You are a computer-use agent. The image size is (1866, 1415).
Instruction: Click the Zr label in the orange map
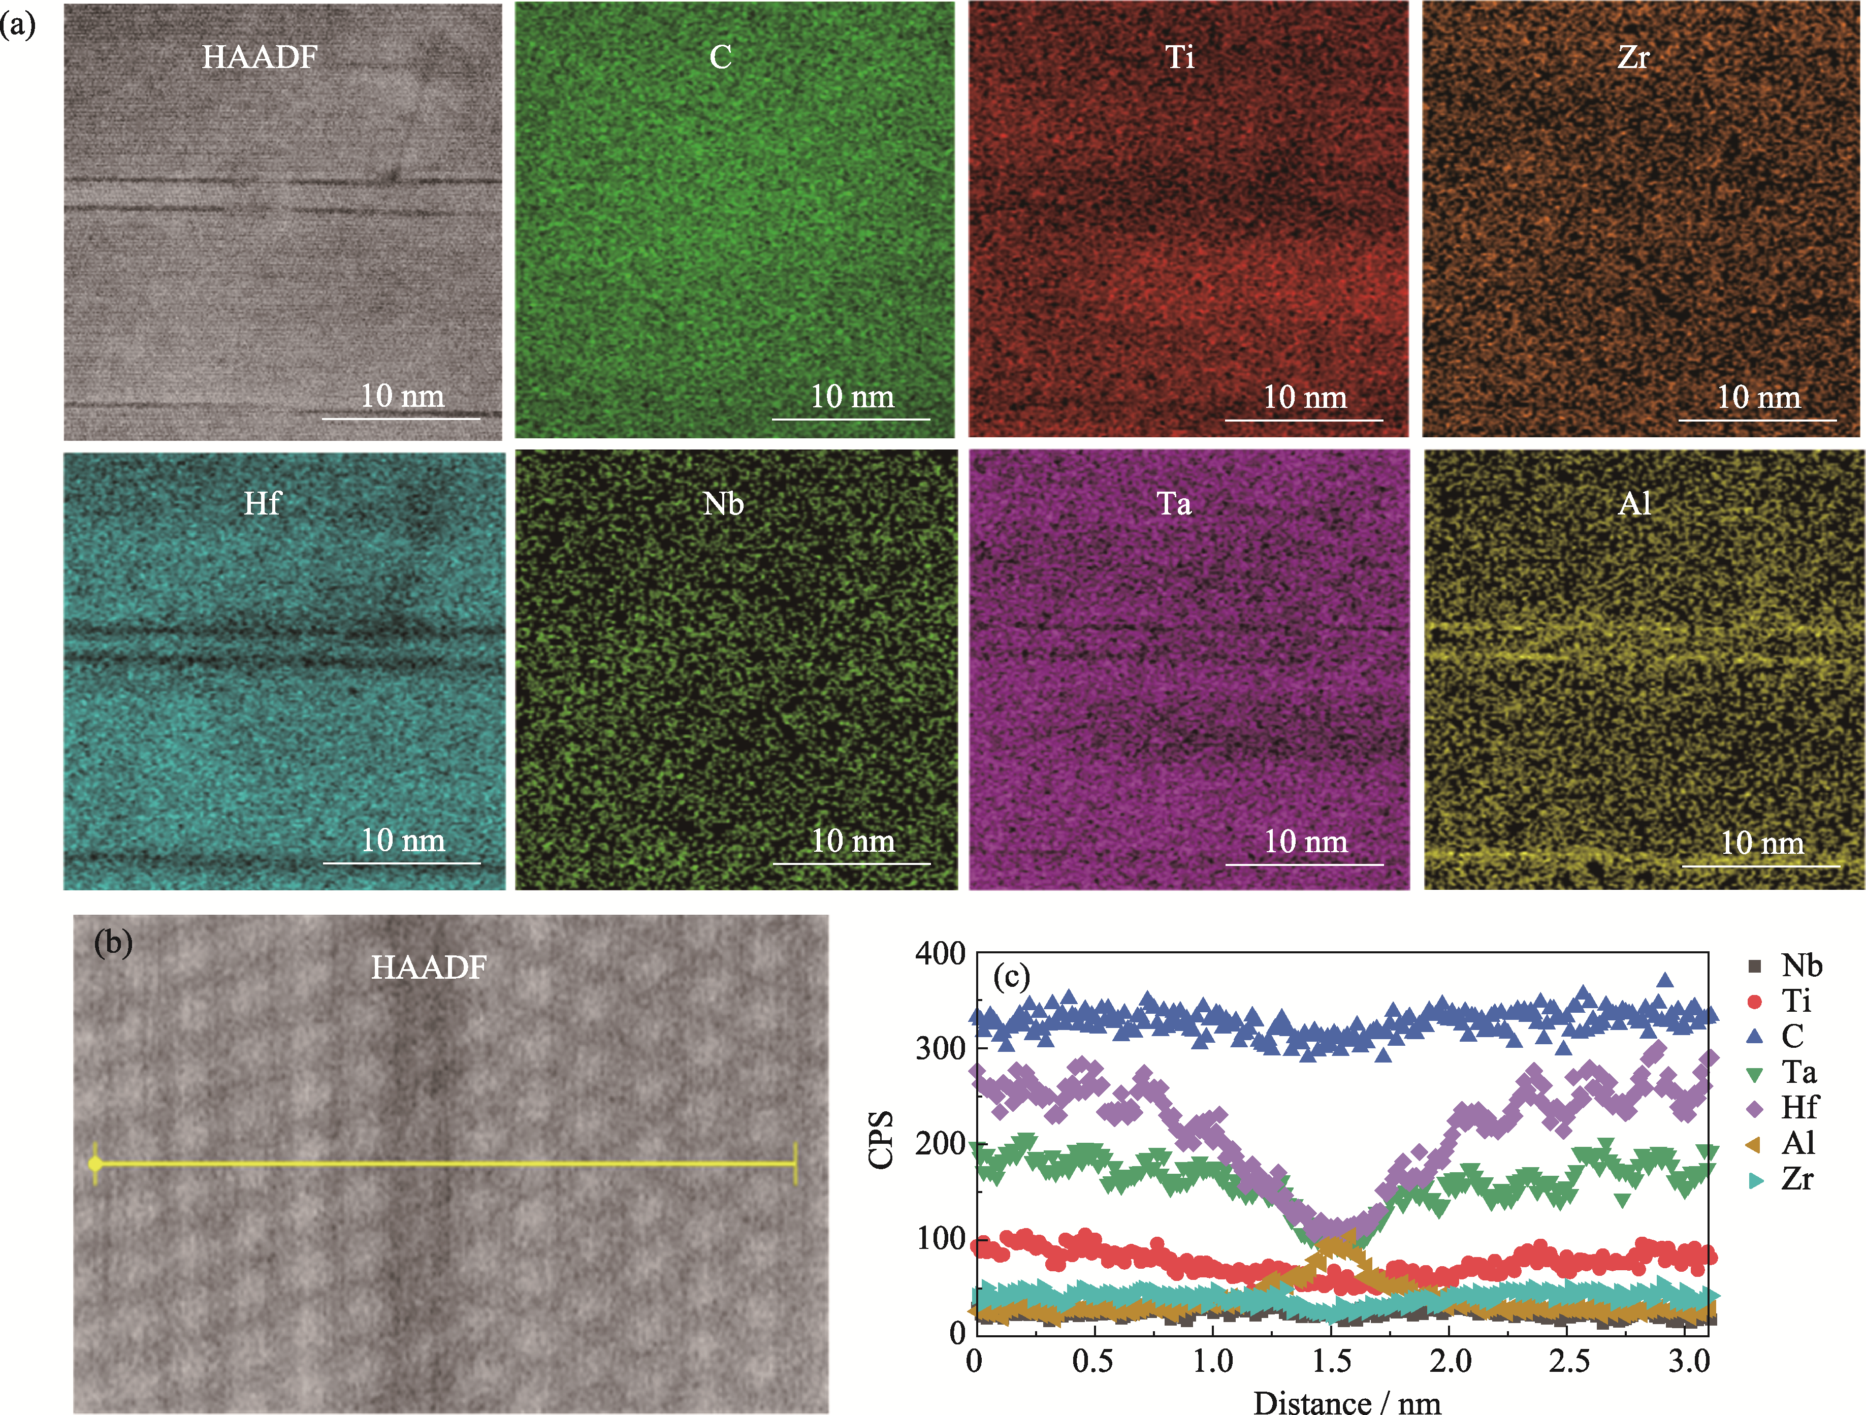tap(1633, 57)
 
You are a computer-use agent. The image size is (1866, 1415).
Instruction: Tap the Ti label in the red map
tap(1179, 57)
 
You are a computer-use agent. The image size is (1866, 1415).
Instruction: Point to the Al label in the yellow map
tap(1635, 504)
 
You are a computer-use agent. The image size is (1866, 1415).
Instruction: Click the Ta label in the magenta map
tap(1174, 504)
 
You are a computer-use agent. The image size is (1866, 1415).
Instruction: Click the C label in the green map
tap(720, 57)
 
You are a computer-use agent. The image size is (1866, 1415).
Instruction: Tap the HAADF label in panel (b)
tap(429, 967)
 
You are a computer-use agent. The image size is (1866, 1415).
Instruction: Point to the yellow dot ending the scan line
tap(95, 1165)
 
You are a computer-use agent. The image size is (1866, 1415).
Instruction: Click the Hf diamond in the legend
tap(1755, 1107)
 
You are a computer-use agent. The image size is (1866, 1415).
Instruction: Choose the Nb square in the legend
tap(1755, 966)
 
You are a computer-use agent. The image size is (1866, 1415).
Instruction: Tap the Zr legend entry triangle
tap(1755, 1179)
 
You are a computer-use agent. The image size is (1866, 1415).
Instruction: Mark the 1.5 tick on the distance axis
tap(1331, 1361)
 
